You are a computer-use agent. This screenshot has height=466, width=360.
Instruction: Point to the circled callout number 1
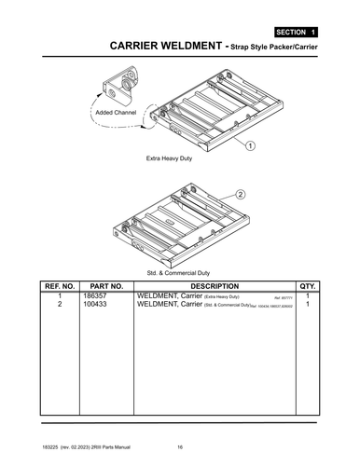[x=251, y=145]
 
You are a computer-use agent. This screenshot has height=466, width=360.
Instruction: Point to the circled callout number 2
[x=240, y=195]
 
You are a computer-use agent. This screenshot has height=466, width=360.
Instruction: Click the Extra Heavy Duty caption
[x=169, y=159]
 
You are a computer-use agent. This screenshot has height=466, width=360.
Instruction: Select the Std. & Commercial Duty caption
[x=179, y=271]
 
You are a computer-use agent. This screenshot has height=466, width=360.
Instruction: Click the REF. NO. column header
[x=59, y=285]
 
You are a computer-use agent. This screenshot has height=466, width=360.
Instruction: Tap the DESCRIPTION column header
[x=215, y=285]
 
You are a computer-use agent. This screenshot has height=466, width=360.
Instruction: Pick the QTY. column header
[x=308, y=285]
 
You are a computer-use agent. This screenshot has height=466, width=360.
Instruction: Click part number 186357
[x=96, y=295]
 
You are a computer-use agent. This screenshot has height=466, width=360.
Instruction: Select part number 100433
[x=96, y=305]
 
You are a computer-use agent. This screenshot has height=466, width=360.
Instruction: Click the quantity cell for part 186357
[x=308, y=295]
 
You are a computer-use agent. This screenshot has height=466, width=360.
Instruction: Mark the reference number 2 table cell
[x=60, y=305]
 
